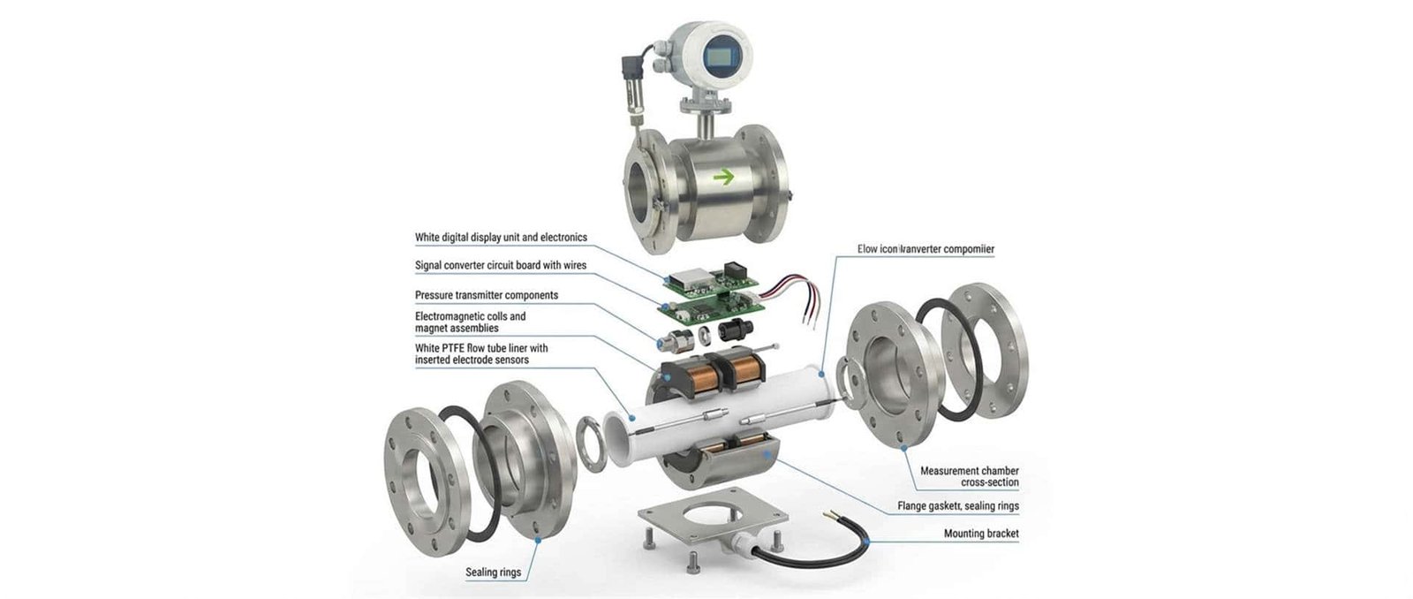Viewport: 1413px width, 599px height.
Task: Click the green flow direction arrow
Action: pyautogui.click(x=724, y=177)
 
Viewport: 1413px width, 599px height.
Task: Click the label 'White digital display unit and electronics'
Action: pyautogui.click(x=501, y=238)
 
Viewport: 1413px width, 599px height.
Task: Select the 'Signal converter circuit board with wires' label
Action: pyautogui.click(x=500, y=265)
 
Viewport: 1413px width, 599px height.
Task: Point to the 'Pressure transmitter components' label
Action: pyautogui.click(x=486, y=295)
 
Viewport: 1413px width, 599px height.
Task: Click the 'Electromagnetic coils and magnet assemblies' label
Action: pyautogui.click(x=470, y=322)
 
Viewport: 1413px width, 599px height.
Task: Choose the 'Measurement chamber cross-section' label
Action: pyautogui.click(x=969, y=476)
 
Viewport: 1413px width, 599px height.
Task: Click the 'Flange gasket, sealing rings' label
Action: pyautogui.click(x=957, y=506)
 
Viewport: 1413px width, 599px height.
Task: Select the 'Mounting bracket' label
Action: pyautogui.click(x=980, y=534)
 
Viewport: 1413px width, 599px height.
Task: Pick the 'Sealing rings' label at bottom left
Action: pyautogui.click(x=493, y=572)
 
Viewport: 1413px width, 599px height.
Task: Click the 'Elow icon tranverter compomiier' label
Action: pyautogui.click(x=926, y=249)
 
